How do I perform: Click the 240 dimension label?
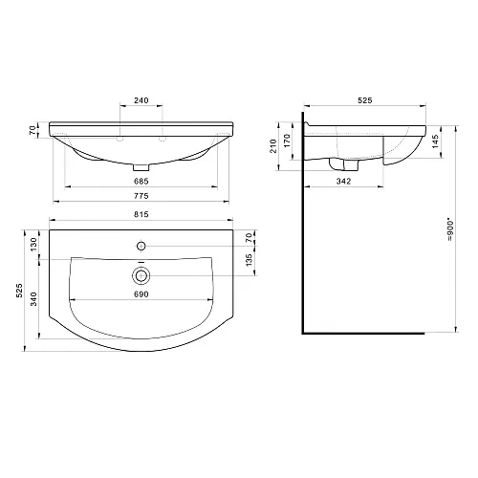(x=141, y=100)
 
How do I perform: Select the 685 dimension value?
(x=141, y=181)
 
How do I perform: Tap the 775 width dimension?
(x=141, y=196)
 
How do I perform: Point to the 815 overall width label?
(x=141, y=214)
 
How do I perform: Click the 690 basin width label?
(x=141, y=294)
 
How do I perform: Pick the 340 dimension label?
(x=33, y=299)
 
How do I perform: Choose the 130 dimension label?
(x=33, y=245)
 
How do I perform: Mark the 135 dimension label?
(x=250, y=260)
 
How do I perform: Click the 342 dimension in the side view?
(x=343, y=181)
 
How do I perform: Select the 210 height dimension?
(x=273, y=146)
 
